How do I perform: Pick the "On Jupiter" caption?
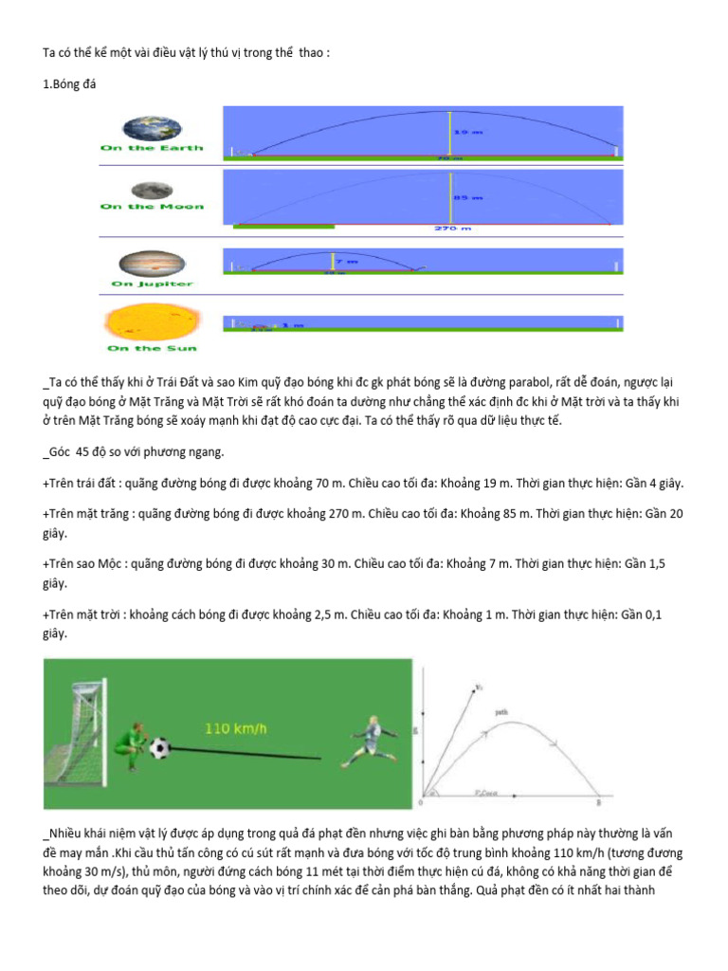point(152,283)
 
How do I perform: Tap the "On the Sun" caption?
point(146,348)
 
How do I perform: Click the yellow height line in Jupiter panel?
point(333,263)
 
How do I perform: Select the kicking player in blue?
point(371,741)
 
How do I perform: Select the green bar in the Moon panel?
point(283,226)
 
